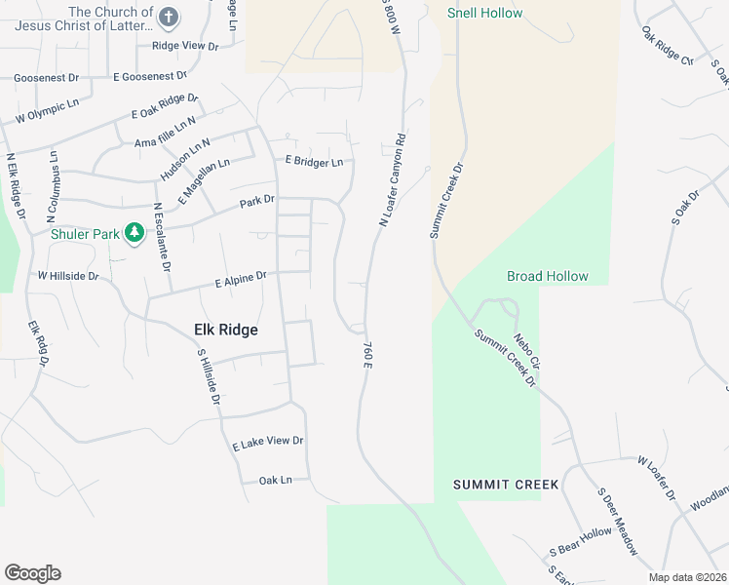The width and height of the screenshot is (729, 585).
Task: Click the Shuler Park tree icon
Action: [x=134, y=233]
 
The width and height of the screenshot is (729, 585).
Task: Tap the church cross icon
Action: [x=169, y=17]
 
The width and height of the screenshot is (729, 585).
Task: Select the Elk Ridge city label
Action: [x=220, y=330]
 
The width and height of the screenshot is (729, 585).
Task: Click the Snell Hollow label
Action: [x=484, y=13]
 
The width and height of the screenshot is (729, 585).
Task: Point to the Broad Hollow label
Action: [x=548, y=276]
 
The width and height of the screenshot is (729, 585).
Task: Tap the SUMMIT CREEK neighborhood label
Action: [x=506, y=484]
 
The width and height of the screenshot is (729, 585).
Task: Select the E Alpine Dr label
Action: [x=240, y=280]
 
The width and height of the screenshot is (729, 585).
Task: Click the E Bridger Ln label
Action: [x=314, y=161]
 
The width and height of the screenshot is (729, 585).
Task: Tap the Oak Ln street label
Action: [x=276, y=480]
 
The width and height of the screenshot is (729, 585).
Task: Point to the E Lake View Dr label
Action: [x=268, y=443]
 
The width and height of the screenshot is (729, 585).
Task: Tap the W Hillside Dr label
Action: [x=68, y=276]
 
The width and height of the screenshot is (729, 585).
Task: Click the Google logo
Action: [x=32, y=573]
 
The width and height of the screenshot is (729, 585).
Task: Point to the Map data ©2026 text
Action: [x=687, y=577]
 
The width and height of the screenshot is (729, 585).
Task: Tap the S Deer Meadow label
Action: [x=617, y=522]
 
